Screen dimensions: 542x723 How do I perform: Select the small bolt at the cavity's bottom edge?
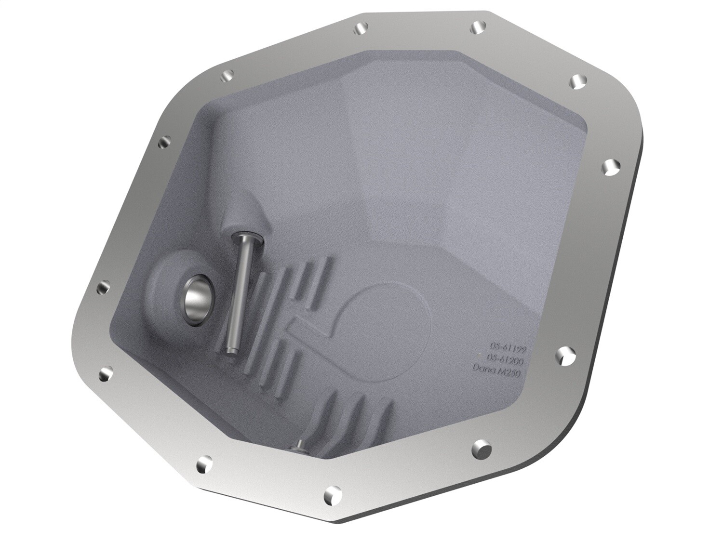pyautogui.click(x=299, y=446)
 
